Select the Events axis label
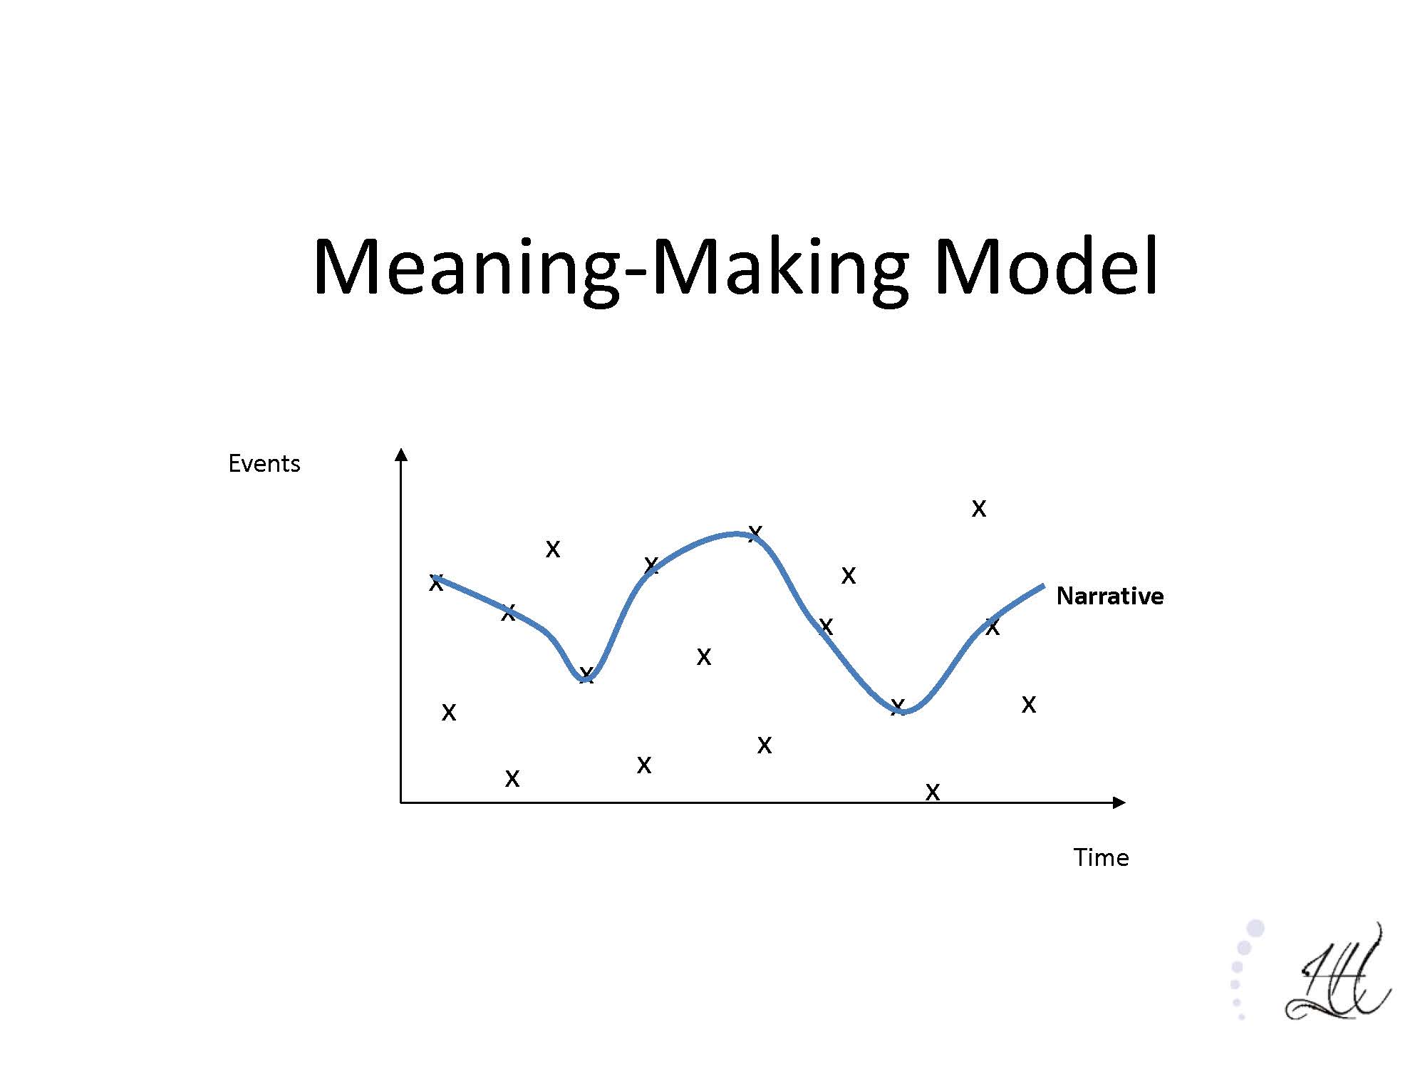pos(264,464)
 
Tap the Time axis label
pos(1101,857)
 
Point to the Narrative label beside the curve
pos(1109,596)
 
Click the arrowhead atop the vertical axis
pos(401,455)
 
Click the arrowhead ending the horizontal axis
pos(1119,802)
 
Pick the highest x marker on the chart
pos(979,509)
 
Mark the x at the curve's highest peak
pos(755,533)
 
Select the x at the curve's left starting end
pos(436,583)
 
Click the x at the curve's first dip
pos(586,674)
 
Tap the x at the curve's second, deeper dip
pos(898,707)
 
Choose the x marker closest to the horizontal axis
pos(933,792)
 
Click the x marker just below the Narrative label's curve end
pos(1029,705)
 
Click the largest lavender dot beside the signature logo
pos(1256,929)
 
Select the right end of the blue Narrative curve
pos(1044,586)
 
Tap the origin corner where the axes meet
pos(401,802)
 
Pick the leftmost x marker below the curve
pos(449,712)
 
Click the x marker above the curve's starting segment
pos(553,549)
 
